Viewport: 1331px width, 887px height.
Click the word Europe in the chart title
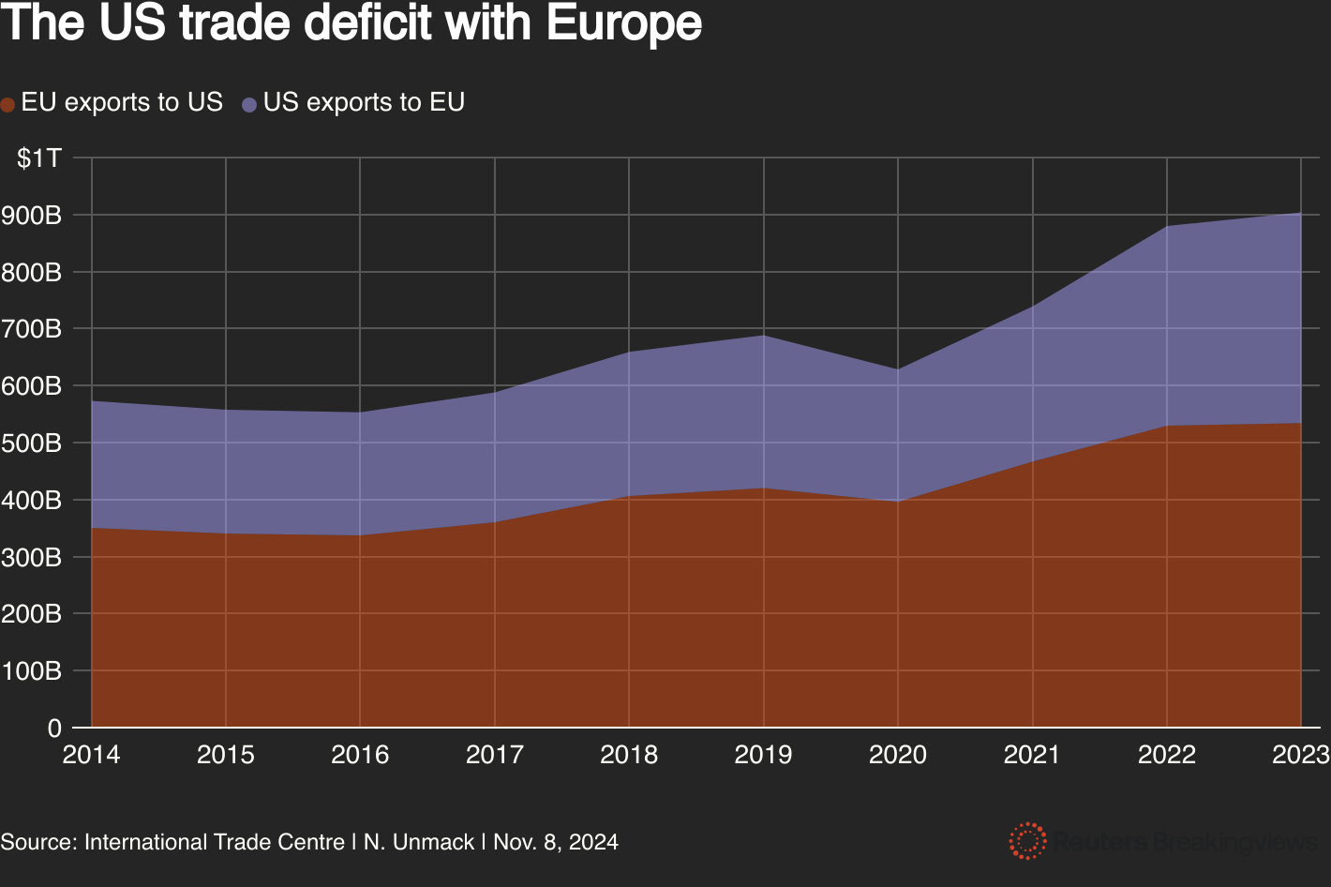(x=623, y=24)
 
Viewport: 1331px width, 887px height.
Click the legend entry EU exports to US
(x=121, y=102)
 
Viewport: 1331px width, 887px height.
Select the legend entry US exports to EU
(x=364, y=102)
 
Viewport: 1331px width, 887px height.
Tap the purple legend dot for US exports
(x=249, y=105)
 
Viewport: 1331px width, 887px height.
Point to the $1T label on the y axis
(x=39, y=158)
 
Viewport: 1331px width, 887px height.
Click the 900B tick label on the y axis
(x=33, y=216)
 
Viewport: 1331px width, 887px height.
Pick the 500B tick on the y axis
(x=33, y=443)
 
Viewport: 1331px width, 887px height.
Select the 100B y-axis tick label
(x=33, y=671)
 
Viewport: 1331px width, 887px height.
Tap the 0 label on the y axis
(x=54, y=729)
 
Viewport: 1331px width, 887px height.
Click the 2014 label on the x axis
(x=91, y=755)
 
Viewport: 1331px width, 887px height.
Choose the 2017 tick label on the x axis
(x=494, y=755)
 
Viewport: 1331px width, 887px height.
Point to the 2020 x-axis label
(x=897, y=755)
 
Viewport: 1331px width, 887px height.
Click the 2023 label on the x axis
(x=1300, y=755)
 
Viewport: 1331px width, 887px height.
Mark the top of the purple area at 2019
(x=764, y=336)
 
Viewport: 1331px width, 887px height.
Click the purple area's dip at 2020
(x=898, y=369)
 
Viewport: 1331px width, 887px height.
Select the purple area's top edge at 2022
(x=1167, y=226)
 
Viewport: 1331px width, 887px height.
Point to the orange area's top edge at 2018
(x=629, y=496)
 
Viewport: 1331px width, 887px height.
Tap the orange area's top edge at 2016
(x=360, y=535)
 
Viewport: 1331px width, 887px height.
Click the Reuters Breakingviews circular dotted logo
(x=1027, y=841)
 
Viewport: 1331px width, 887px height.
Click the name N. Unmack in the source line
(x=419, y=842)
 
